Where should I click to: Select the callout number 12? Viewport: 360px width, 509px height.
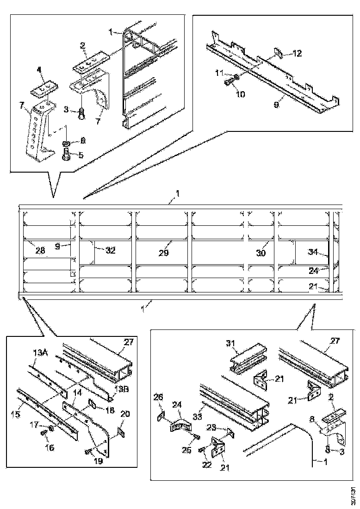click(x=297, y=54)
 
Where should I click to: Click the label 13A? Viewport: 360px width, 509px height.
click(x=40, y=352)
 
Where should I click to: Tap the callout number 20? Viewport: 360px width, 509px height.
click(x=126, y=415)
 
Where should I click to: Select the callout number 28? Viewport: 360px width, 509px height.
click(x=40, y=250)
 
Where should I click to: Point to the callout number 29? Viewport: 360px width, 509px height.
click(x=164, y=253)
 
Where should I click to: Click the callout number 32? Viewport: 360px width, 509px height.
click(x=110, y=250)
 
